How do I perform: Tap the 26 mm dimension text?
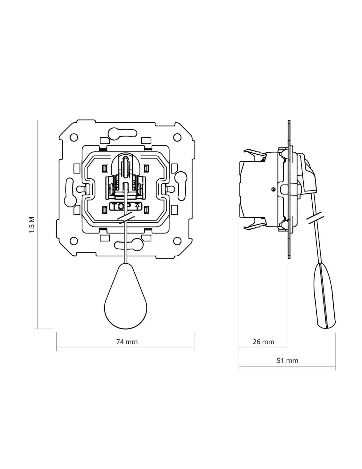263,342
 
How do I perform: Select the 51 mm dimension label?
287,360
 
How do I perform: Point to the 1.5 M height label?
32,225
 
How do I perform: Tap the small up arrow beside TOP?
137,206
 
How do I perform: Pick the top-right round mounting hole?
177,137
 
